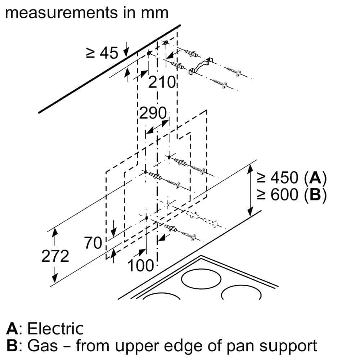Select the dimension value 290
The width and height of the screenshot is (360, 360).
[x=153, y=114]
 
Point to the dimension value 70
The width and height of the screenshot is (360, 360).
[x=93, y=243]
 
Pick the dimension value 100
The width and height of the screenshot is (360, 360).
[x=141, y=266]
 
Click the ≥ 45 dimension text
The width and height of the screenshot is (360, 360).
[x=102, y=53]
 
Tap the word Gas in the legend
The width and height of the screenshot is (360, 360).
[x=42, y=346]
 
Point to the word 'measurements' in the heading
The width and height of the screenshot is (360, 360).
[x=57, y=13]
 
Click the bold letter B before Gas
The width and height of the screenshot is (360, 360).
[x=12, y=346]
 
